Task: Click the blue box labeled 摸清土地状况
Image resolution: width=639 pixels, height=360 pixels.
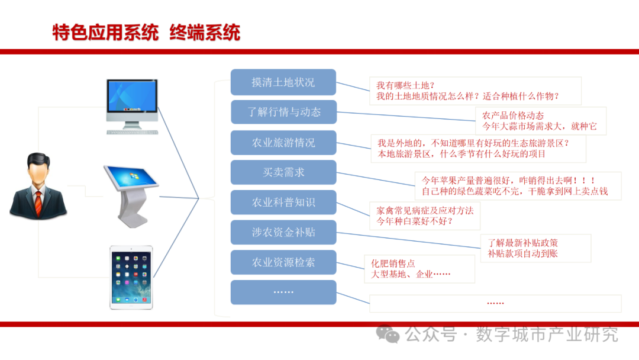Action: click(283, 82)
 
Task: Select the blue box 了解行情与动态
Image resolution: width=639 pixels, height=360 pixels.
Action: click(283, 112)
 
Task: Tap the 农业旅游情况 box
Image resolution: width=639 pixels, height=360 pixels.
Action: click(283, 143)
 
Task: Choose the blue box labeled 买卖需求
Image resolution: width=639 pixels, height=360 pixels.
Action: click(283, 172)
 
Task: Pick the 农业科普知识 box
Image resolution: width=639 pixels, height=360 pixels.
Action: click(283, 202)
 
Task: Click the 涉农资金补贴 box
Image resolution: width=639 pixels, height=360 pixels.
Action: click(283, 232)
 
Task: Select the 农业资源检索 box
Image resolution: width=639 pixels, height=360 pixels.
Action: click(283, 262)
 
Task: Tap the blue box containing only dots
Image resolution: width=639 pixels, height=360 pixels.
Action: click(283, 292)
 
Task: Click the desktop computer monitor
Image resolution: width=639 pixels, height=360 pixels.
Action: click(132, 107)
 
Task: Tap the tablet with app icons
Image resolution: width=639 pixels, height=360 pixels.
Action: click(131, 278)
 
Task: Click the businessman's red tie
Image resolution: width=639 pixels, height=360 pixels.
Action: click(38, 203)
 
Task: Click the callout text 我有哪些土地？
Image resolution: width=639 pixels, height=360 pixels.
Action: click(405, 86)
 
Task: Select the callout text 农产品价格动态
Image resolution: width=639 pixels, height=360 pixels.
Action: click(513, 116)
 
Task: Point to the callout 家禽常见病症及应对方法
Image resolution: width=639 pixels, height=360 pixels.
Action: click(425, 211)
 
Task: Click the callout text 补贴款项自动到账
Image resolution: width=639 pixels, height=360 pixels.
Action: click(523, 253)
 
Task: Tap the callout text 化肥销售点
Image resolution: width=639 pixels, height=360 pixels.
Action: click(393, 263)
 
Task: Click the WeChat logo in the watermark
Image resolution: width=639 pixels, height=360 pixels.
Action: click(388, 335)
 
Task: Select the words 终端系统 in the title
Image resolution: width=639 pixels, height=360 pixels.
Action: click(205, 33)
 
